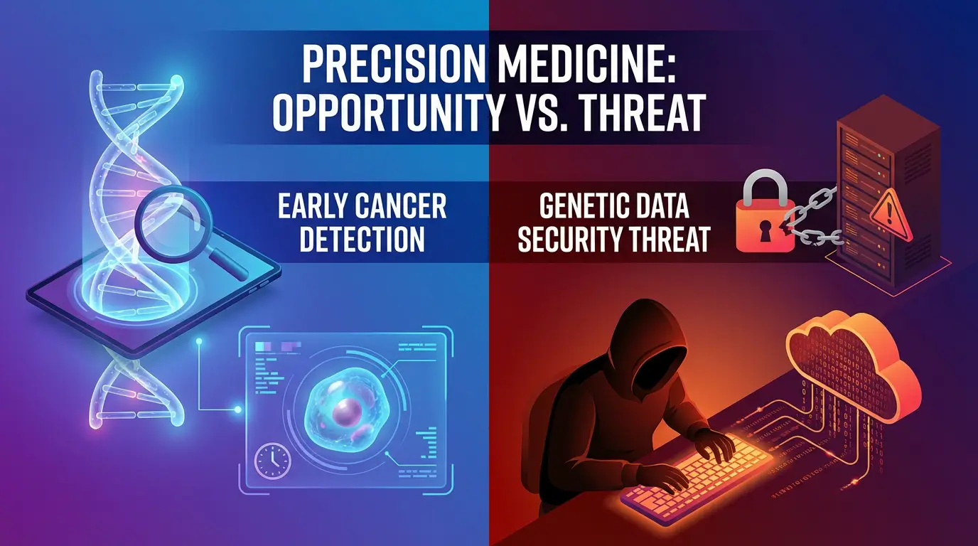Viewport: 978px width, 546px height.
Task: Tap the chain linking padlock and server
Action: (812, 217)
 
